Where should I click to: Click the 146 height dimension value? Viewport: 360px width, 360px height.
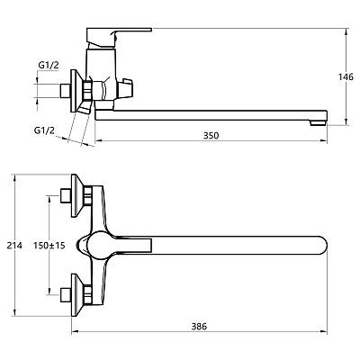click(x=346, y=77)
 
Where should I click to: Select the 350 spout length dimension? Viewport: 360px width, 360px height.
click(x=211, y=136)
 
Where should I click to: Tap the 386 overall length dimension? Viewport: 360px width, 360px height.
click(x=199, y=327)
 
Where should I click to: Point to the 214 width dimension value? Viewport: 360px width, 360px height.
click(x=14, y=246)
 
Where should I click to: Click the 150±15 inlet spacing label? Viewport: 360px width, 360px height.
click(x=49, y=246)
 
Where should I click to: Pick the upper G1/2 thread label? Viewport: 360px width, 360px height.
click(x=49, y=66)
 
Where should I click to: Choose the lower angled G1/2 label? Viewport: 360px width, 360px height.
click(x=44, y=130)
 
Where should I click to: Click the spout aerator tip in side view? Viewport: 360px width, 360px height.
click(x=318, y=122)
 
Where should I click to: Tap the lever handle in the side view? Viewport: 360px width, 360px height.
click(x=119, y=38)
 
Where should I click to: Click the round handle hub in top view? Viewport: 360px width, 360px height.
click(x=98, y=246)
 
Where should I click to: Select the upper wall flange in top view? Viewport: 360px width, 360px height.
click(x=76, y=195)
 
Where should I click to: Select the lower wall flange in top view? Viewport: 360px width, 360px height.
click(x=76, y=294)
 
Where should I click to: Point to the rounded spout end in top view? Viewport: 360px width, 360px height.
click(x=320, y=246)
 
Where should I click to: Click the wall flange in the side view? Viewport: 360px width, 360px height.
click(x=76, y=91)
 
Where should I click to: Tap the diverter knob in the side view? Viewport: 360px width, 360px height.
click(x=126, y=89)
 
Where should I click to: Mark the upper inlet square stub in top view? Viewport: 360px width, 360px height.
click(x=66, y=195)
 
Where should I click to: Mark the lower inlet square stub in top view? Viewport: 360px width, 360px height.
click(x=66, y=294)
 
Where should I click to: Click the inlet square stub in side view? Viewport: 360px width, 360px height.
click(x=66, y=91)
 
